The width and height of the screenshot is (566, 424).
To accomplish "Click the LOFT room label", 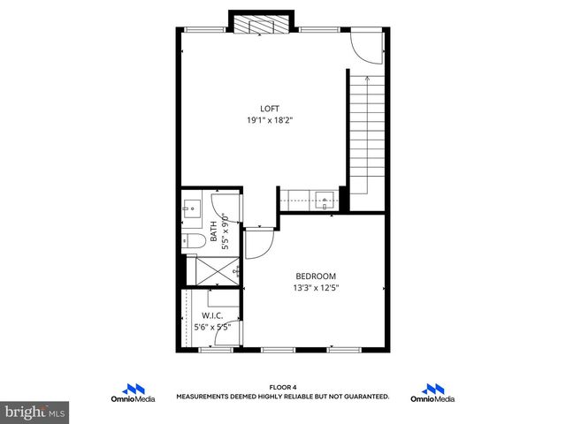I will coord(270,109).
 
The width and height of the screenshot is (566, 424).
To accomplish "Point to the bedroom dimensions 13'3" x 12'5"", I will coord(317,287).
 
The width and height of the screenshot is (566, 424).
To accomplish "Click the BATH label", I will coord(213,232).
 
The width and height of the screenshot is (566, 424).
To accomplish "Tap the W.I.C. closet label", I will coord(212,315).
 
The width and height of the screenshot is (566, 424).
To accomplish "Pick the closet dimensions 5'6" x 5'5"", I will coord(212,327).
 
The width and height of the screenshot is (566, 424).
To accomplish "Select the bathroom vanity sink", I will coord(193,210).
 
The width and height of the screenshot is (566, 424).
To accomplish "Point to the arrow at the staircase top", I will coord(366,79).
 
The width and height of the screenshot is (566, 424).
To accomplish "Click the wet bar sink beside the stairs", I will coord(325,199).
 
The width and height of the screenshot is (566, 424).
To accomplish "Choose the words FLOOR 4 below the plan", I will coord(283,387).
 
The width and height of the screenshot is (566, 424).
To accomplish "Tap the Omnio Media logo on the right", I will coord(432,393).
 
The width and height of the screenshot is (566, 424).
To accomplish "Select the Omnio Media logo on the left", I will coord(133,393).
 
